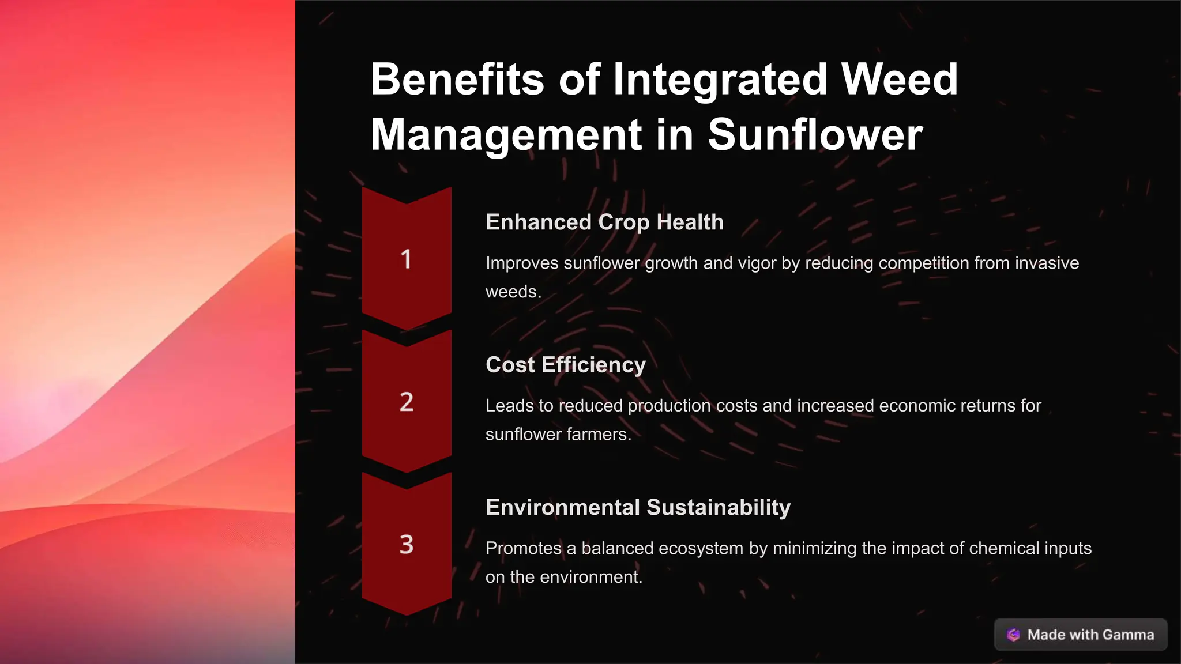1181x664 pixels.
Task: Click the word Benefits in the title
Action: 457,80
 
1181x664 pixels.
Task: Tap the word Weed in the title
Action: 900,80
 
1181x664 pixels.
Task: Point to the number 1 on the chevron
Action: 407,259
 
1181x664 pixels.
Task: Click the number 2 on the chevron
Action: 407,402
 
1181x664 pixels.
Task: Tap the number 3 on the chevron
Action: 407,545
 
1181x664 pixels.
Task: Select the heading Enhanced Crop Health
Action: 604,222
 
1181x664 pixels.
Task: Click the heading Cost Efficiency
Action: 565,365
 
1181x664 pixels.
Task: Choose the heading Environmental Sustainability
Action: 638,508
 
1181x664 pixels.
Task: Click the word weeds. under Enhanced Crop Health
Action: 513,292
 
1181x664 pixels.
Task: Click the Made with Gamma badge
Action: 1081,635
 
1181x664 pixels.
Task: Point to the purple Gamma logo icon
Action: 1013,635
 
